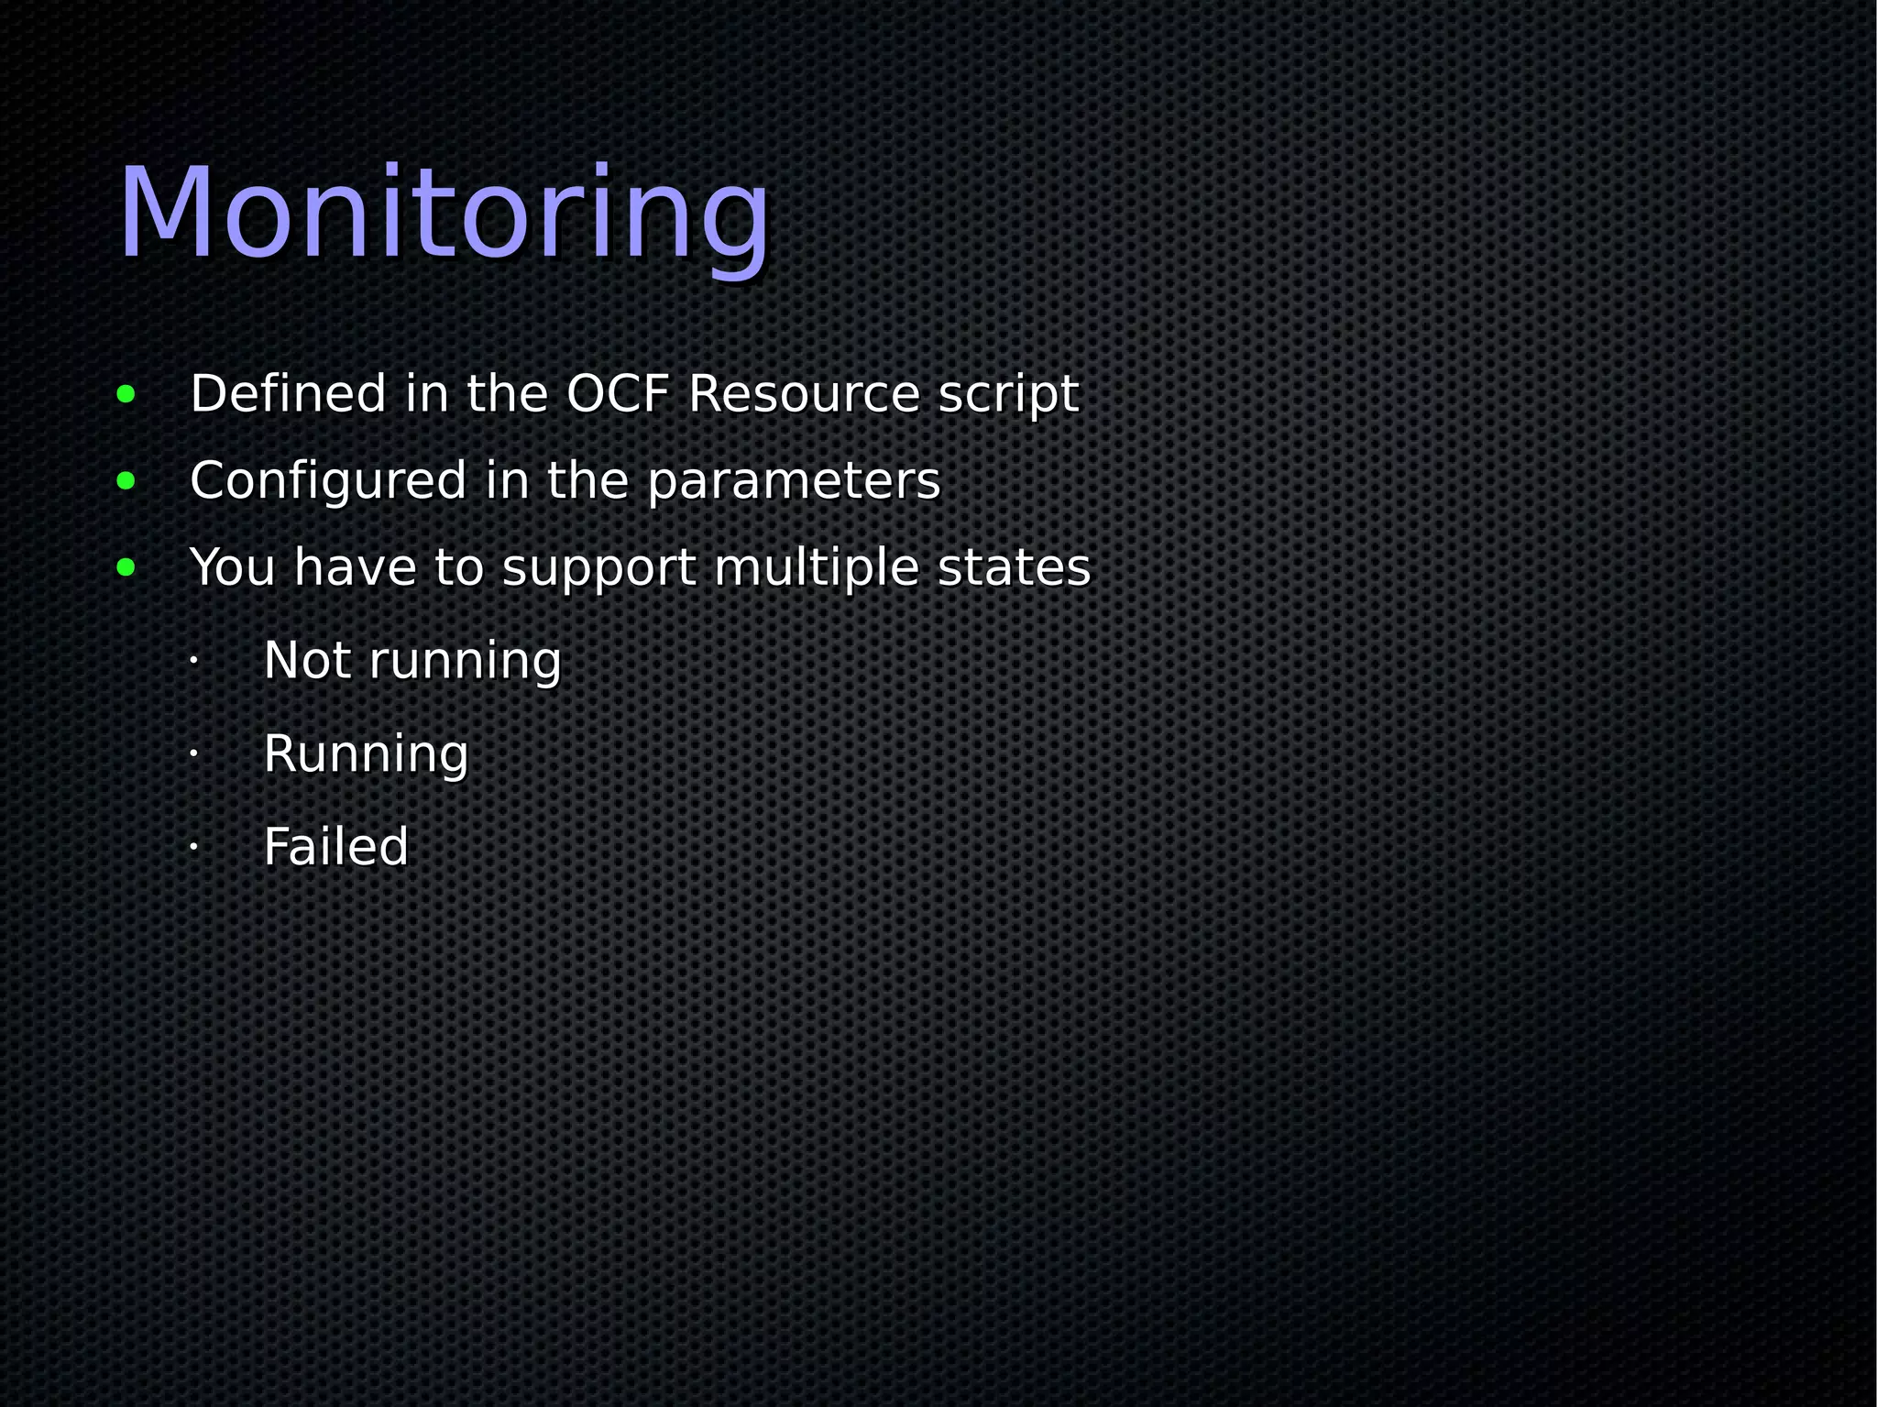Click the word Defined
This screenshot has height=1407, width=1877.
click(x=288, y=394)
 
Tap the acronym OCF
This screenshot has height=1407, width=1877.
click(x=618, y=394)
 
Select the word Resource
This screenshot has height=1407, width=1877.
click(x=804, y=394)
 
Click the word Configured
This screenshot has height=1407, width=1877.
click(x=328, y=481)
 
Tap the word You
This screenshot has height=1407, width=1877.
click(x=232, y=567)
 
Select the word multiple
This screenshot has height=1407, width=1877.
click(x=817, y=567)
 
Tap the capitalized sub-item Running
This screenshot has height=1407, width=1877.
click(x=366, y=754)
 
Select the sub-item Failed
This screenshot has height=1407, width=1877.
click(x=335, y=847)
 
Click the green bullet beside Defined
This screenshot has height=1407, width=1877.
click(x=126, y=395)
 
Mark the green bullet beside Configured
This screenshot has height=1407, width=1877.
click(x=126, y=481)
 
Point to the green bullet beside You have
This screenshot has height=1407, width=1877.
click(x=126, y=567)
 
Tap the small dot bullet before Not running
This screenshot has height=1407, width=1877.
click(x=193, y=660)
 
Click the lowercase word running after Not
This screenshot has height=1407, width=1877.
click(x=465, y=662)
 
